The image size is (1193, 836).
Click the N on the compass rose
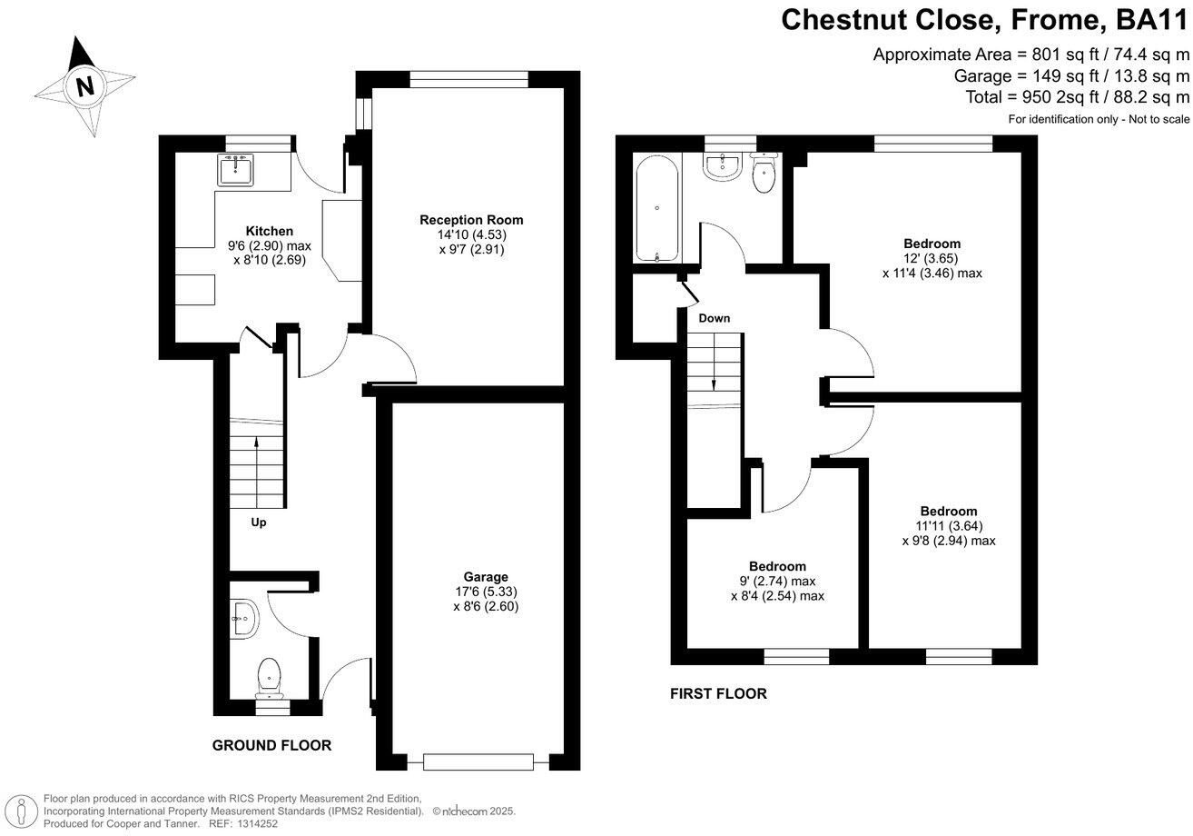click(x=85, y=87)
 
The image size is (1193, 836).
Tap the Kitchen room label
click(x=270, y=231)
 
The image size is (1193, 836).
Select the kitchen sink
click(x=235, y=170)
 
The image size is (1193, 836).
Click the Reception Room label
click(x=471, y=220)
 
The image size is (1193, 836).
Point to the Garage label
click(x=486, y=577)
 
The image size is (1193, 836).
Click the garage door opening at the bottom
click(x=478, y=761)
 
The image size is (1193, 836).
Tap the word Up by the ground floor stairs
click(x=259, y=522)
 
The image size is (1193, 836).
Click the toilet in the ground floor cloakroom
click(x=269, y=676)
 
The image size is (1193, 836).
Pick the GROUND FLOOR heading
click(x=271, y=745)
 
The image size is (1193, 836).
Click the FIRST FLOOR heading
click(x=718, y=694)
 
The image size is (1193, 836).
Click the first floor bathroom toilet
click(x=764, y=177)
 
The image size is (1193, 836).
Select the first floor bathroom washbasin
click(x=725, y=166)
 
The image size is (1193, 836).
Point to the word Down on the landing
click(x=714, y=318)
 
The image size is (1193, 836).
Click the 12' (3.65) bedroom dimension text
click(x=932, y=258)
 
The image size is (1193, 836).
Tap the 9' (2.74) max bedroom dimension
click(x=777, y=582)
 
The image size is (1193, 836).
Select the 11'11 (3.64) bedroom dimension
click(x=949, y=525)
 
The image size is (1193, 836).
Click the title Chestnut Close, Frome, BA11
click(x=984, y=20)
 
